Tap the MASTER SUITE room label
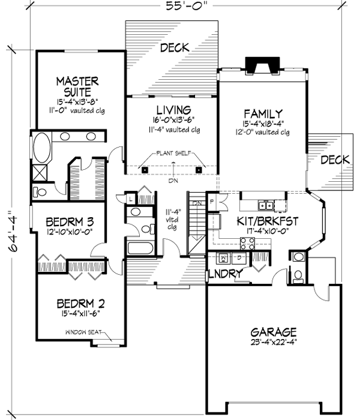pos(77,86)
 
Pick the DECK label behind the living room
pos(175,47)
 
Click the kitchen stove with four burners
pos(247,242)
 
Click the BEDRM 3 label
pos(68,221)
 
